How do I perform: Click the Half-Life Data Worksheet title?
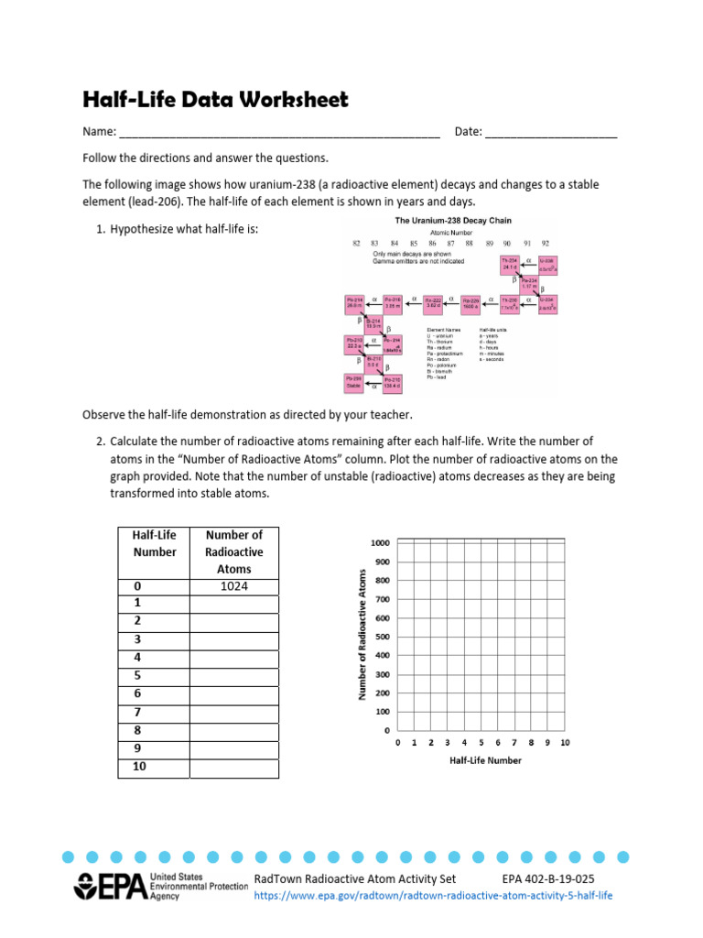coord(215,100)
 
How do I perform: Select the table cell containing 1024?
coord(234,586)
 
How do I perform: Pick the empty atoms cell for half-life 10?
coord(234,767)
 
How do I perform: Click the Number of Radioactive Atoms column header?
coord(234,551)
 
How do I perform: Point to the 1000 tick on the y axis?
coord(380,543)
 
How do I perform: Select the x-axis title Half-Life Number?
coord(485,760)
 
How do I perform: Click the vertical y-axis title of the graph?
coord(362,634)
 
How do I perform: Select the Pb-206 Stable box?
coord(354,383)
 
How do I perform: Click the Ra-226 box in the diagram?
coord(471,304)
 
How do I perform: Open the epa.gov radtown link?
coord(433,895)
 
